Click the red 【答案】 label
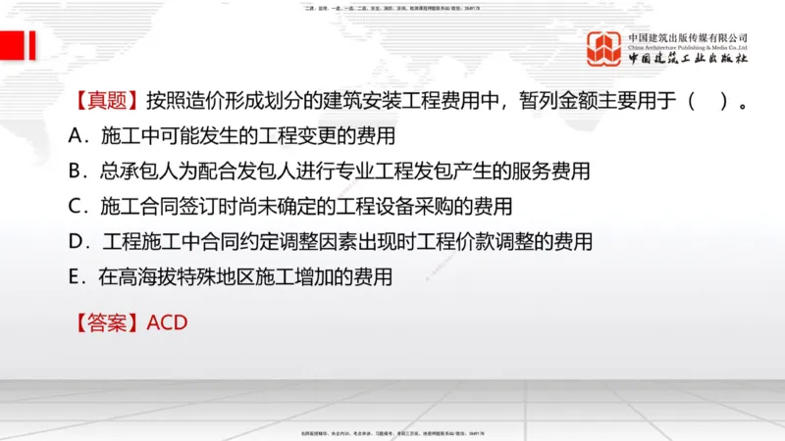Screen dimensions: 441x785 (106, 321)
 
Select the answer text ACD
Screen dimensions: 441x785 (167, 321)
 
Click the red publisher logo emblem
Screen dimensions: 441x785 (604, 48)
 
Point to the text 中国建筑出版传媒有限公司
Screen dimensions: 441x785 (688, 36)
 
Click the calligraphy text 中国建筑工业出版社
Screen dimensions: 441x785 (688, 59)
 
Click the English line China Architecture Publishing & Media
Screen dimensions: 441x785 (688, 46)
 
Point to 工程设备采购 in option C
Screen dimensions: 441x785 (395, 206)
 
